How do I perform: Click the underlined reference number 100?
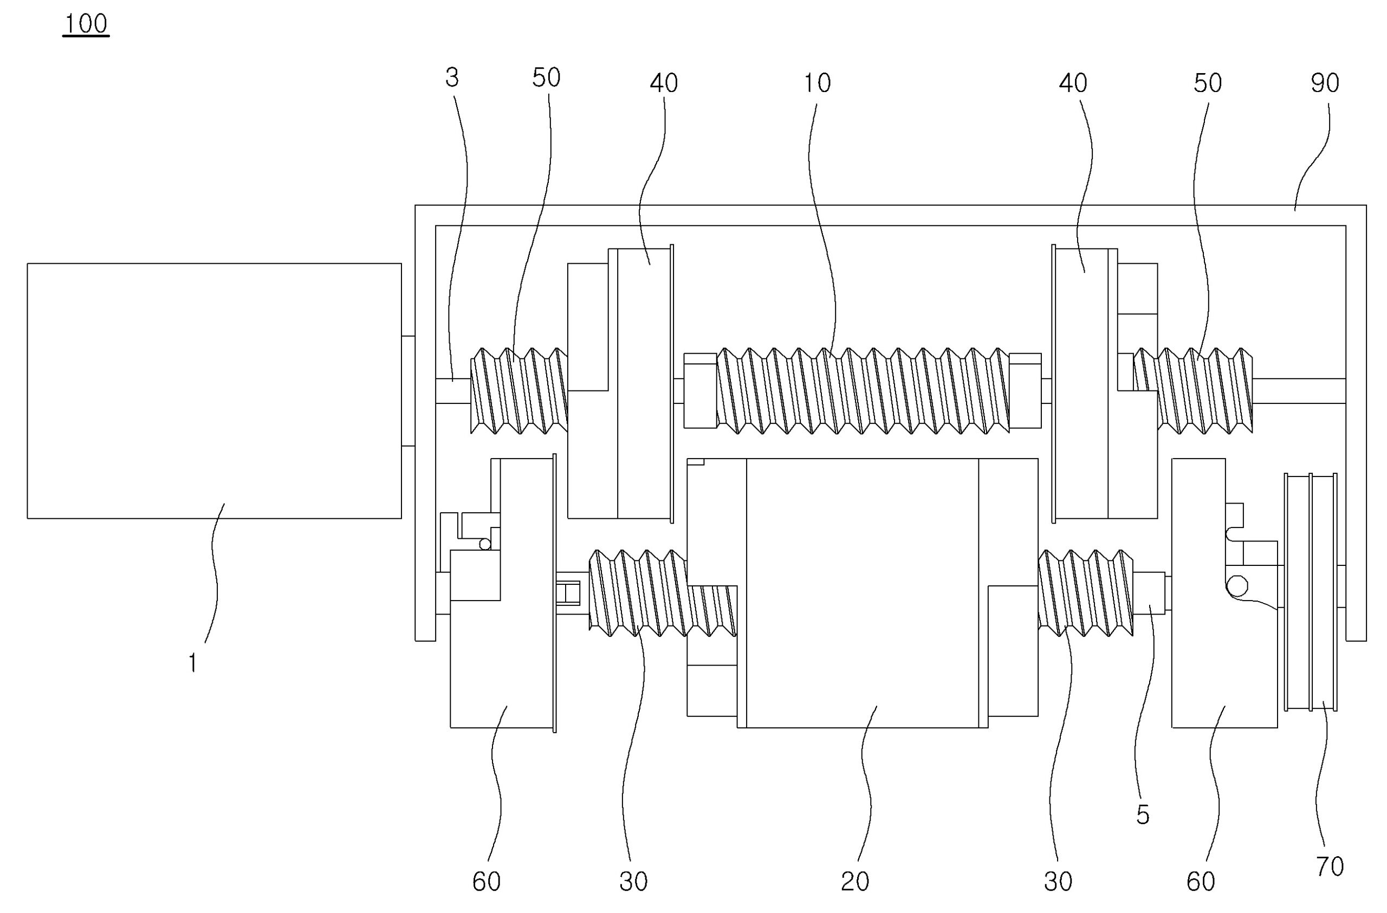86,24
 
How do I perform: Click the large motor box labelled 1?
214,390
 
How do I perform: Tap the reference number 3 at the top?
452,77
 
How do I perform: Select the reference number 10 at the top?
817,83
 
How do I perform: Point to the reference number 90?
1325,83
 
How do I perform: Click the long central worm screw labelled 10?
863,390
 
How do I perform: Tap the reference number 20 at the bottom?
855,882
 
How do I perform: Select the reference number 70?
1330,867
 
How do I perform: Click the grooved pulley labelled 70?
1311,592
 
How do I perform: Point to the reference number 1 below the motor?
192,663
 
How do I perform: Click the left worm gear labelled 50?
518,390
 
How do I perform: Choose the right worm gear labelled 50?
1203,390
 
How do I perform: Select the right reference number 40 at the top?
1072,83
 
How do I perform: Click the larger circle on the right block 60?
1237,586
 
